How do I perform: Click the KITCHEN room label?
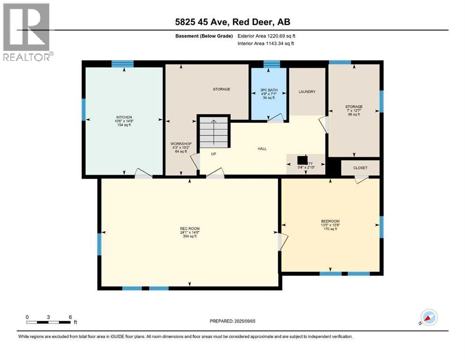(x=124, y=117)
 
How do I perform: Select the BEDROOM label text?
(x=330, y=221)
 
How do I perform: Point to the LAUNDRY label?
(x=307, y=92)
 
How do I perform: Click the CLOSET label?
(x=361, y=168)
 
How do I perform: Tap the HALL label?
(x=262, y=149)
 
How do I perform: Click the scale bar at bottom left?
(x=49, y=322)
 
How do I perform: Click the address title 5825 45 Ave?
(x=233, y=22)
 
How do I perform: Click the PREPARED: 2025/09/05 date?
(x=233, y=321)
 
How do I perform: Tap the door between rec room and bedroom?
(x=280, y=241)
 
